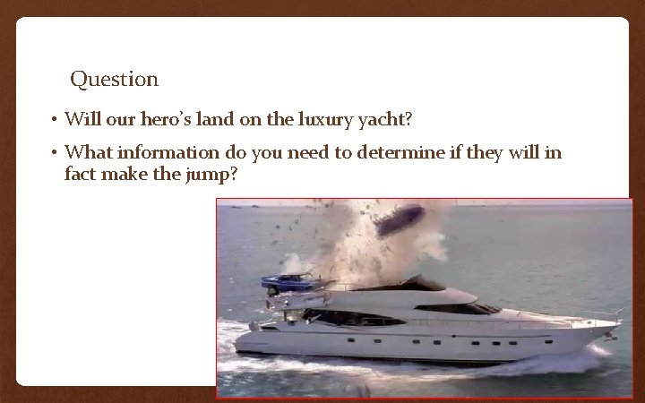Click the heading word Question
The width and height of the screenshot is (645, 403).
[114, 80]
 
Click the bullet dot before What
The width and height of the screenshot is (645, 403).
[55, 154]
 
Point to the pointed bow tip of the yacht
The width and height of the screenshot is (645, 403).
[619, 320]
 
